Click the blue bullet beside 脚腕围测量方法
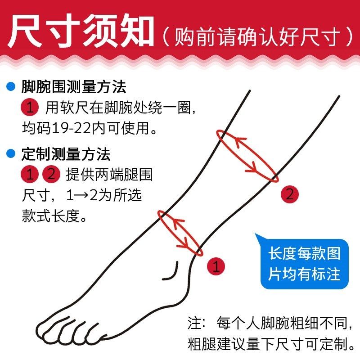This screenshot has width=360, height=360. coord(11,86)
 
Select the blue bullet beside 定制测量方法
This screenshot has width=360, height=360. coord(11,153)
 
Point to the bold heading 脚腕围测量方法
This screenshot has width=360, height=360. coord(74,87)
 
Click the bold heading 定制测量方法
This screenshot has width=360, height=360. coord(66,154)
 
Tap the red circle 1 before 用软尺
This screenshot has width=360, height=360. coord(30,107)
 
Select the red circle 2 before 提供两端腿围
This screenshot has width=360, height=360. coord(51,174)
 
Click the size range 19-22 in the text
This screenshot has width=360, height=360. coord(72,128)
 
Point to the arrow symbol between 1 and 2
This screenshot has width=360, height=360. coord(81,195)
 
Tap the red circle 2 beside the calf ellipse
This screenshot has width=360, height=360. coord(290,194)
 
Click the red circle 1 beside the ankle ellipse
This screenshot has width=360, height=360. coord(216,266)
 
